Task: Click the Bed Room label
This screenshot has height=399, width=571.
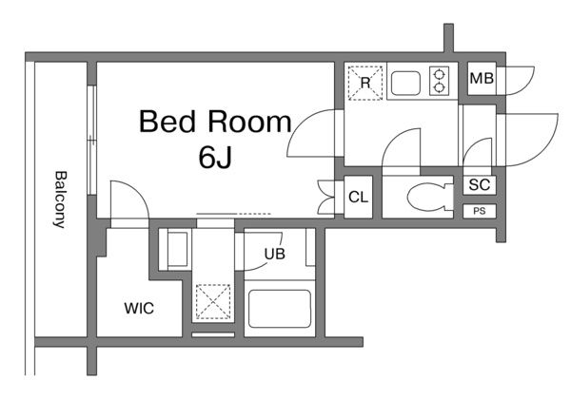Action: pos(215,122)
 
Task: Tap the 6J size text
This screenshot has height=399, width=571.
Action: pos(215,158)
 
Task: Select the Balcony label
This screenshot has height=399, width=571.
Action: pos(61,199)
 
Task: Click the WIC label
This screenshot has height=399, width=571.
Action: pos(139,309)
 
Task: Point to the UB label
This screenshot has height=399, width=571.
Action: pos(275,254)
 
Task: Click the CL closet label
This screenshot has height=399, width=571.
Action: pos(359,198)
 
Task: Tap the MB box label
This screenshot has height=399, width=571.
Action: pos(482,79)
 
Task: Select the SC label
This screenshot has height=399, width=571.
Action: pos(480,185)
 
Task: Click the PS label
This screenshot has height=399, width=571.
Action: pos(480,211)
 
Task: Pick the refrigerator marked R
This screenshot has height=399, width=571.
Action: pos(365,83)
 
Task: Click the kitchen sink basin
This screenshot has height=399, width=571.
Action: pos(405,84)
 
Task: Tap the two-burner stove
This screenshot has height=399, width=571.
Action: pos(439,82)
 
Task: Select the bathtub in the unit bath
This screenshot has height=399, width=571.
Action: pos(280,309)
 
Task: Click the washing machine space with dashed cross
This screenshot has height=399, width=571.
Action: pos(213,302)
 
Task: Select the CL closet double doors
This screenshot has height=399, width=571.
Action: pos(326,198)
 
